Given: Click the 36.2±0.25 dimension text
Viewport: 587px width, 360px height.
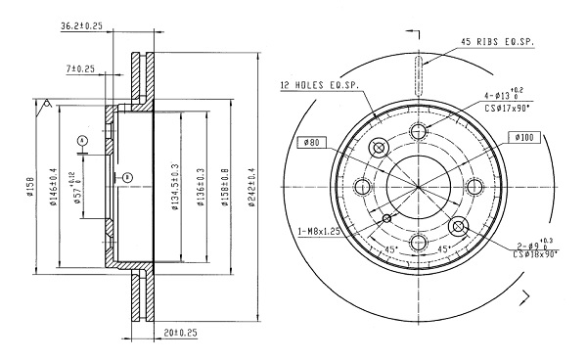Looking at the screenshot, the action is [81, 25].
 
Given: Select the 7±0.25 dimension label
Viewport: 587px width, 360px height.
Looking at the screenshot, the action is [80, 68].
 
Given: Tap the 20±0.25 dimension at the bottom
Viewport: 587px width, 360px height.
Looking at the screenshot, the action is [180, 333].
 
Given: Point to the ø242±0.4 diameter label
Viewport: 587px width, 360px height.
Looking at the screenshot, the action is [251, 187].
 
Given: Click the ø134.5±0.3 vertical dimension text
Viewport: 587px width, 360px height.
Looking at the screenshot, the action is [175, 187].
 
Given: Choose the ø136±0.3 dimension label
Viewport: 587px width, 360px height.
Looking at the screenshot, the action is [201, 187].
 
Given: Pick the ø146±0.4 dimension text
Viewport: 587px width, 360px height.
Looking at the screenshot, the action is [53, 187].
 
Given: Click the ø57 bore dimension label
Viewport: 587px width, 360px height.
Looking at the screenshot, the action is [75, 188].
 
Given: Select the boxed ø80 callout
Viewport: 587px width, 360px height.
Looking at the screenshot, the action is [312, 142].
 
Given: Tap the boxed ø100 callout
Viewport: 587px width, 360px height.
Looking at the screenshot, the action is [524, 137].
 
